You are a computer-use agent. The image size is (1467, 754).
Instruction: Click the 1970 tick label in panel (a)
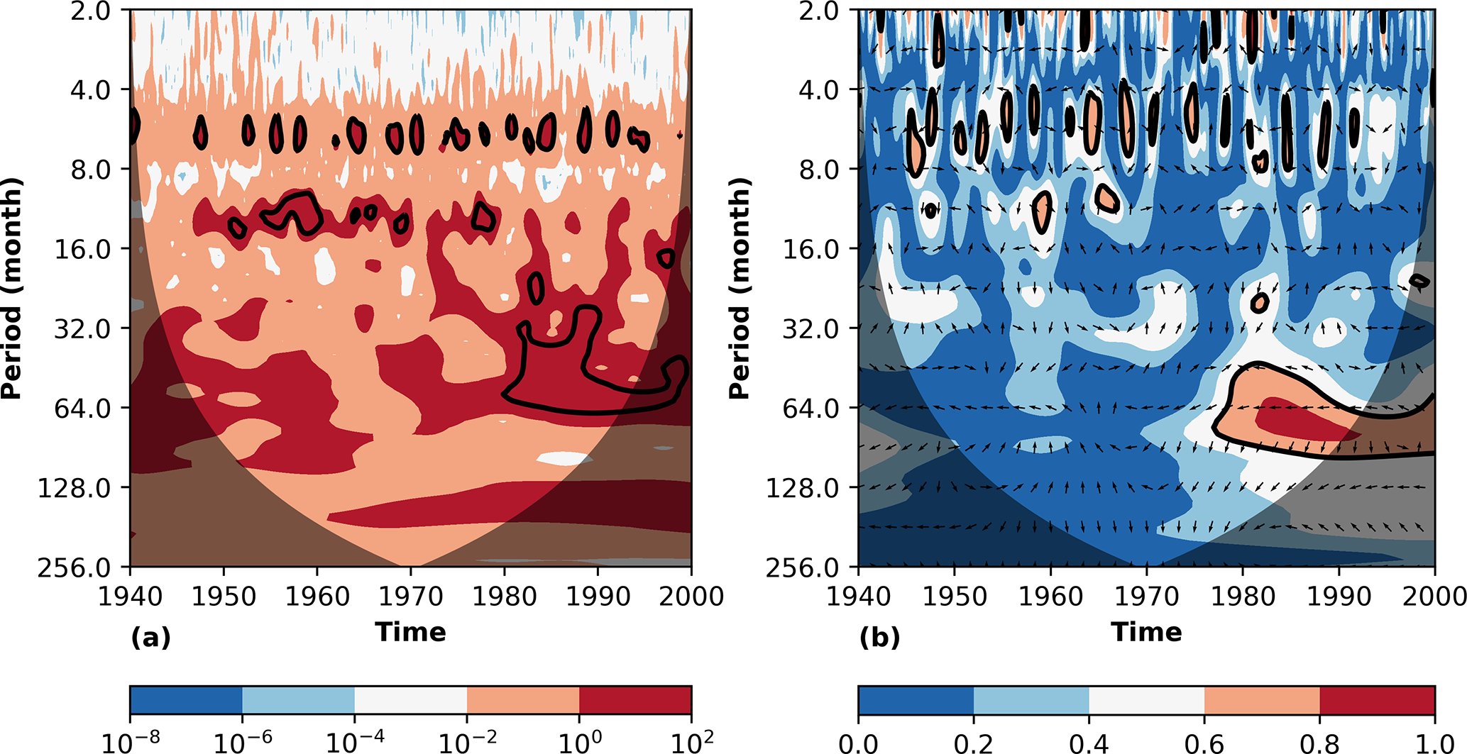pos(410,597)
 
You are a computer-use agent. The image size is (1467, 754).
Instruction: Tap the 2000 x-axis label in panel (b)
pos(1434,597)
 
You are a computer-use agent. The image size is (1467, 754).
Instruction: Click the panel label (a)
pos(150,637)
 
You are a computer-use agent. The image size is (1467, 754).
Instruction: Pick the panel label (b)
pos(879,637)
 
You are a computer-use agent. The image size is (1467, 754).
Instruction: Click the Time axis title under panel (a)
pos(410,631)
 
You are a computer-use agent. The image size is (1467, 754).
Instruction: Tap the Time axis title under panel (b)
pos(1146,631)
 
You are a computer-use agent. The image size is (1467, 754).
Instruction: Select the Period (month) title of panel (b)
pos(739,288)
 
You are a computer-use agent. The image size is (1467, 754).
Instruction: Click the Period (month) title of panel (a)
pos(11,288)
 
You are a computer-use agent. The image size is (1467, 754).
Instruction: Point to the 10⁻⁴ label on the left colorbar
pos(355,742)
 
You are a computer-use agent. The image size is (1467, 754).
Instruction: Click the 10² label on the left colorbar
pos(691,742)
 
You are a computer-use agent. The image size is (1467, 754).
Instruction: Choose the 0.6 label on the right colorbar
pos(1204,743)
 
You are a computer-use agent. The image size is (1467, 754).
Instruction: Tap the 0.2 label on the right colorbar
pos(974,743)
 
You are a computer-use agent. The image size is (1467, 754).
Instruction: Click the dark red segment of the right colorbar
pos(1377,699)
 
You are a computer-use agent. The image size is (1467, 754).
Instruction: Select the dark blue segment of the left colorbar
pos(186,699)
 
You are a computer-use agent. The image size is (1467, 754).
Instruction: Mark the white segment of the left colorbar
pos(410,699)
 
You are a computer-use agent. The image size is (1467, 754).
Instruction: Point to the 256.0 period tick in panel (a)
pos(74,567)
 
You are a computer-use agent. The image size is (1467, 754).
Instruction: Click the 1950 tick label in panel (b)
pos(955,597)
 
